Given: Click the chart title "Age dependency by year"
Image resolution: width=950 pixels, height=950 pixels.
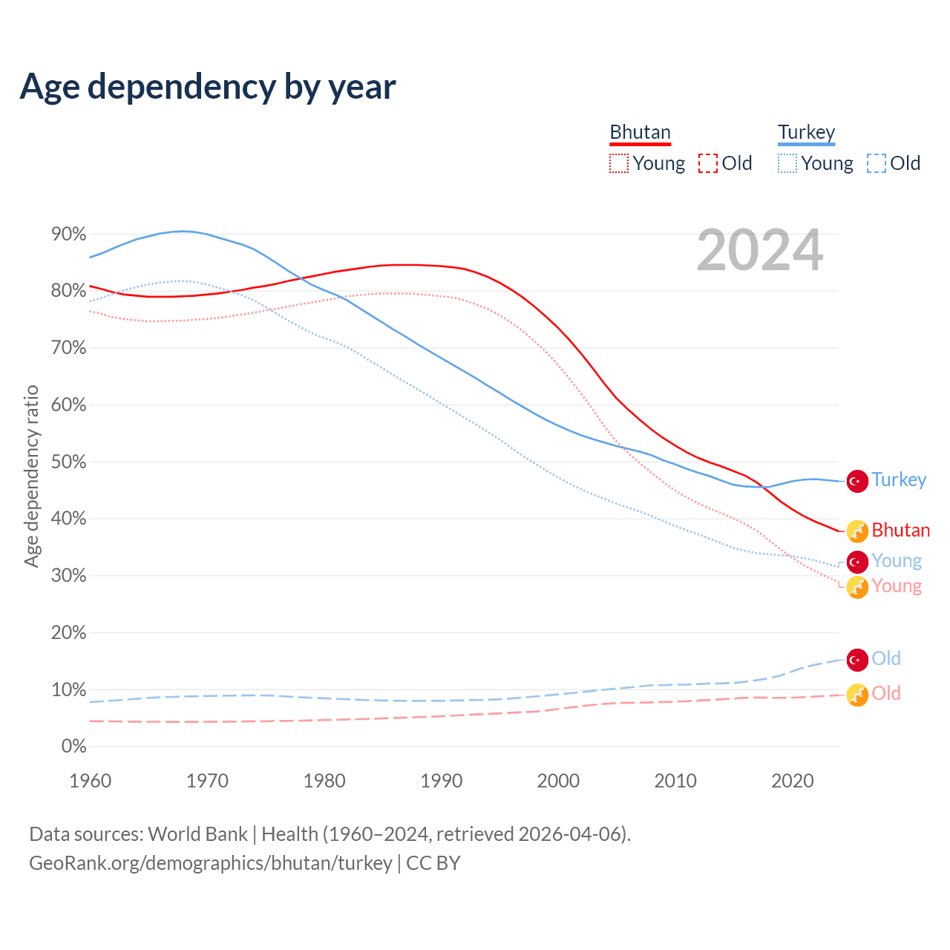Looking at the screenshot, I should click(x=208, y=87).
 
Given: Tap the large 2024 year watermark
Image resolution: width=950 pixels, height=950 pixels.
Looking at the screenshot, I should click(x=760, y=251).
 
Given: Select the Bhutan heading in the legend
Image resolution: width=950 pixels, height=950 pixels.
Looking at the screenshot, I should click(x=640, y=133).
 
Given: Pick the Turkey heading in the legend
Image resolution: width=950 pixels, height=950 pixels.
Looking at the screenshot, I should click(x=806, y=133).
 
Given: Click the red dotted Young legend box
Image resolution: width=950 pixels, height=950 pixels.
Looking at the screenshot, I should click(x=619, y=163).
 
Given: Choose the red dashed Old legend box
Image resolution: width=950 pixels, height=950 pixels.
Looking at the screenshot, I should click(x=708, y=163).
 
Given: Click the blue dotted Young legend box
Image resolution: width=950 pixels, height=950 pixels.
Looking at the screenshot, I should click(x=787, y=163).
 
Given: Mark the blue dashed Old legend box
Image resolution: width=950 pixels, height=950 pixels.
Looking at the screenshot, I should click(x=877, y=163).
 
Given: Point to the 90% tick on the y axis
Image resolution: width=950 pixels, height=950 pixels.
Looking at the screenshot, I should click(x=69, y=235).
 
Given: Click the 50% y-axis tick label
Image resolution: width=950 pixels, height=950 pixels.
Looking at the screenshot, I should click(x=69, y=462).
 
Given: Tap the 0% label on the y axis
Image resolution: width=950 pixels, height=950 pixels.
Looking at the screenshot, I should click(x=73, y=747).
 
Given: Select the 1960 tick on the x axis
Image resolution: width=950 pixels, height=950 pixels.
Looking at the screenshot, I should click(x=90, y=781).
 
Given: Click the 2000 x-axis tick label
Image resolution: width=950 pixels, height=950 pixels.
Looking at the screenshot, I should click(x=558, y=781).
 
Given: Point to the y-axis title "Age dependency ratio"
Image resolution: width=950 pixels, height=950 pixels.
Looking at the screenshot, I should click(x=31, y=476).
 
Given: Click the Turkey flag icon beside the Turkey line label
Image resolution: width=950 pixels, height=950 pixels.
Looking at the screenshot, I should click(x=857, y=481).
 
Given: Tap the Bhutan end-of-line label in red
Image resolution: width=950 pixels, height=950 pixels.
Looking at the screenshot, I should click(x=900, y=531).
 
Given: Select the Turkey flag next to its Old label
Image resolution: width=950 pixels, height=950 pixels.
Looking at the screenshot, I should click(x=857, y=659).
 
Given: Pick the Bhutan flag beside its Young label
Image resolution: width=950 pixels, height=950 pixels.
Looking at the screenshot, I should click(x=857, y=587).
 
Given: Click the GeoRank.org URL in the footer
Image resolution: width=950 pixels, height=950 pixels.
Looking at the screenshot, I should click(x=211, y=863).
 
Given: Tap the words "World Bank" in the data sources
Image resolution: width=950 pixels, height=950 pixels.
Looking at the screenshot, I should click(x=197, y=834).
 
